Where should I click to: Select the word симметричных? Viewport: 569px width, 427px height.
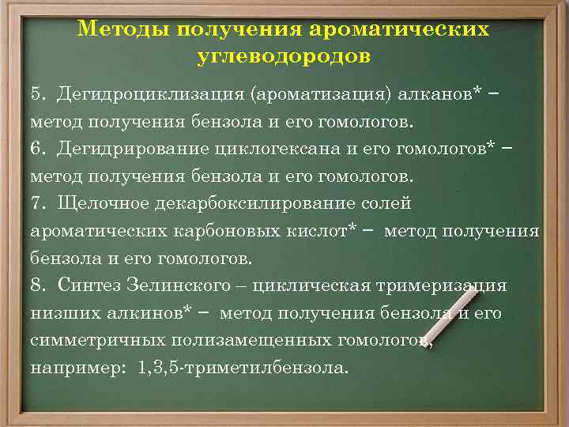pyautogui.click(x=85, y=340)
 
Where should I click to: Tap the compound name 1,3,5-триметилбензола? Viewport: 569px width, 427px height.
pyautogui.click(x=242, y=368)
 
